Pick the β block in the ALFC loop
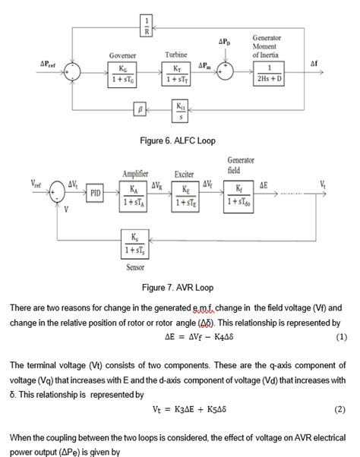click(140, 110)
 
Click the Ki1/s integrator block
click(181, 109)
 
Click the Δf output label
click(314, 65)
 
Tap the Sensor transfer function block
click(134, 243)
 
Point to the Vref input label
click(36, 183)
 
